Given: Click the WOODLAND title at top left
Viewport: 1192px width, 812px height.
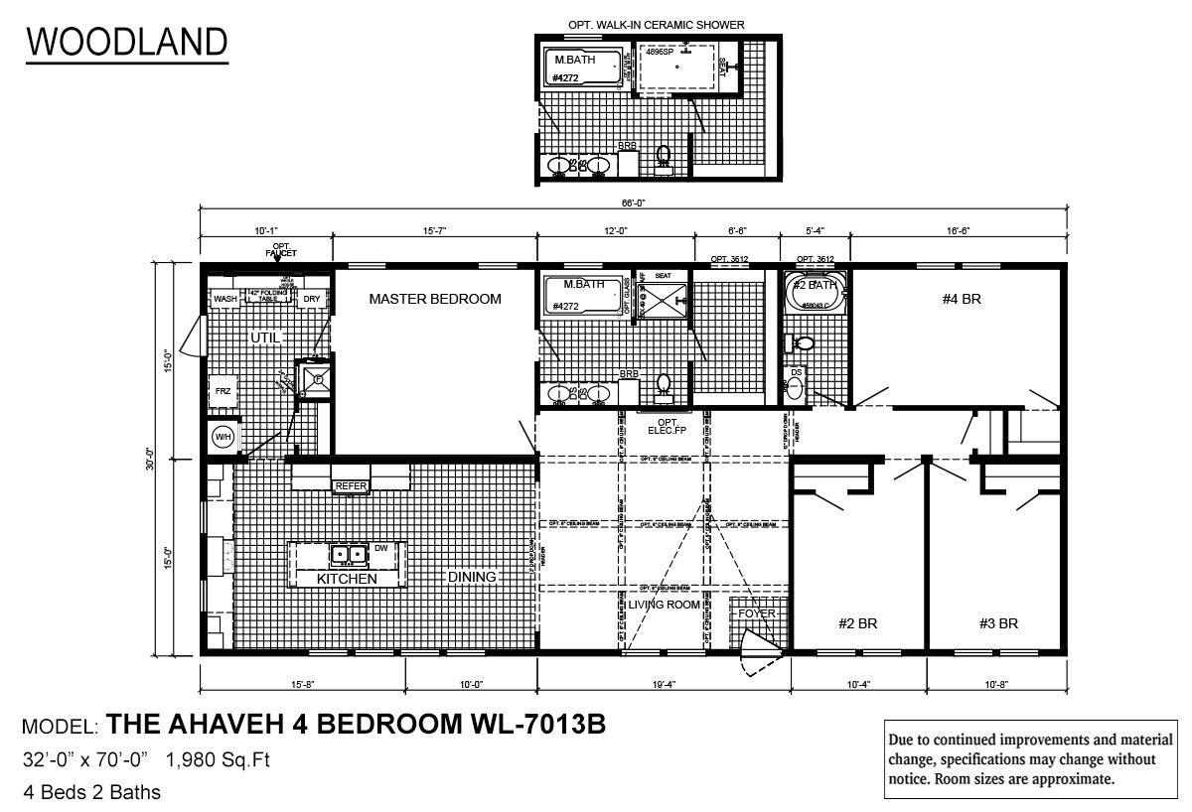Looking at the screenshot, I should (x=126, y=41).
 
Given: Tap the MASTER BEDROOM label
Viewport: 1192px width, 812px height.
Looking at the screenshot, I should (x=435, y=298).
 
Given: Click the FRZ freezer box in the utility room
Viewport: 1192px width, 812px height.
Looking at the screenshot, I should (x=223, y=391).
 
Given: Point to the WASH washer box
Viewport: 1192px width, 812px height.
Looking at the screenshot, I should (x=225, y=299).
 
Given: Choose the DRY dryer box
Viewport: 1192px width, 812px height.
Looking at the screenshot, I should (x=312, y=299).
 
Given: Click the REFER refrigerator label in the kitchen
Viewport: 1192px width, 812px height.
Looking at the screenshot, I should (x=352, y=485).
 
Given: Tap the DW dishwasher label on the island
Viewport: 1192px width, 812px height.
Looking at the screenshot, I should (x=381, y=548).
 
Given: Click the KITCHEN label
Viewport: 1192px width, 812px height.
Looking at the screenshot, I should (x=347, y=578).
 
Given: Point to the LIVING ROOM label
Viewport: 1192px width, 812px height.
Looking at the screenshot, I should (x=664, y=605).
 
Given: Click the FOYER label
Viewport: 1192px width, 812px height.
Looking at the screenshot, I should (x=756, y=613).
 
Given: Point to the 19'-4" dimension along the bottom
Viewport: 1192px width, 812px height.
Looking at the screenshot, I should (x=663, y=684).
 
